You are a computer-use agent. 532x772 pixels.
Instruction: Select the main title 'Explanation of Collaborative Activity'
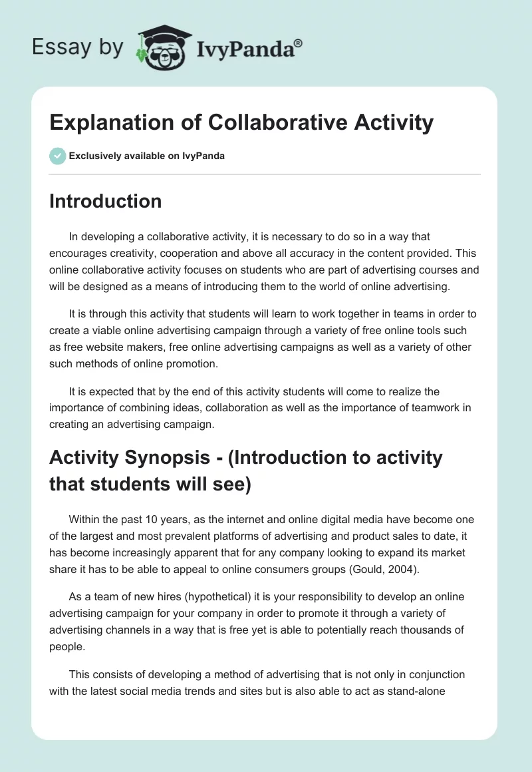point(241,122)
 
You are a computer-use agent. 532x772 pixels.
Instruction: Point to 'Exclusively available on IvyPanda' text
point(146,156)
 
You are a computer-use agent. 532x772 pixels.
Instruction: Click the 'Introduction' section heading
point(105,201)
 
